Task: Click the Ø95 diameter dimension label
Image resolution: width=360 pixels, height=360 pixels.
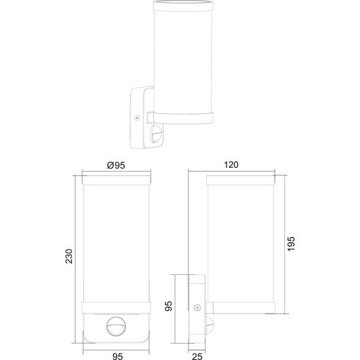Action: [x=115, y=165]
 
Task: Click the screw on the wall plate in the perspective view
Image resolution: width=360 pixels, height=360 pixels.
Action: [x=136, y=118]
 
